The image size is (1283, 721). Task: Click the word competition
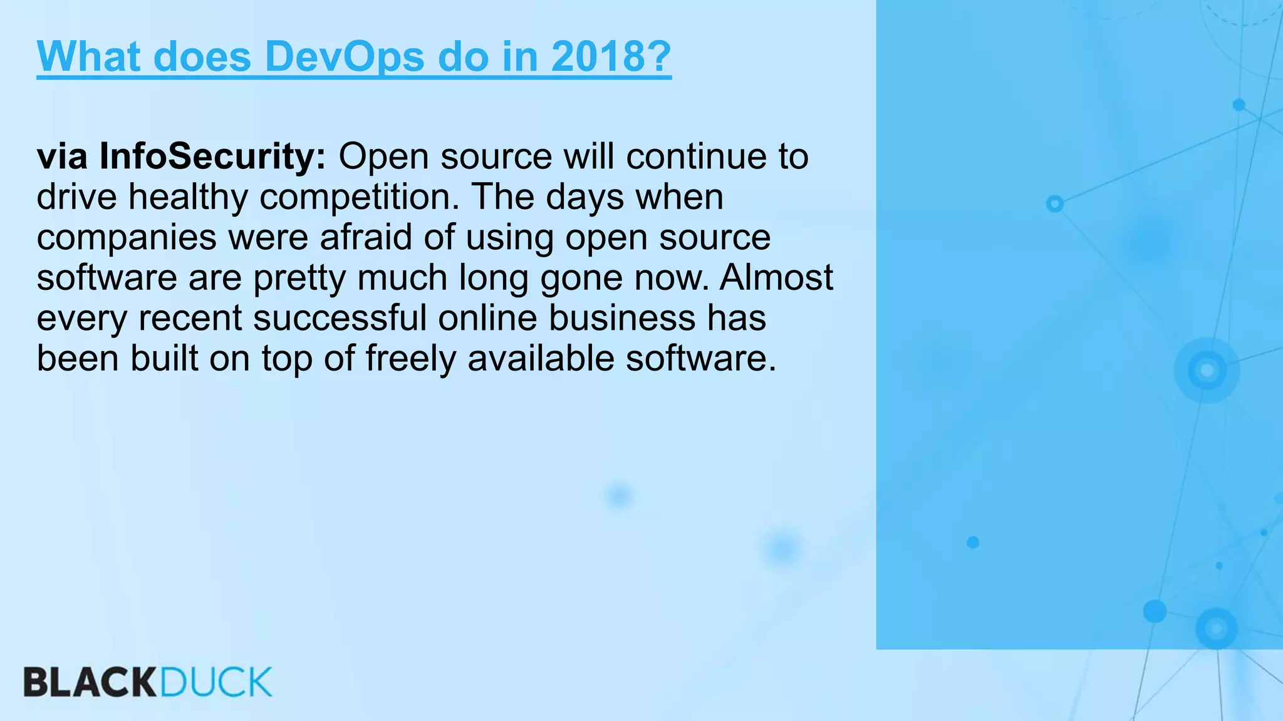pyautogui.click(x=360, y=197)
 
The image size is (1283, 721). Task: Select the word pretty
pyautogui.click(x=299, y=277)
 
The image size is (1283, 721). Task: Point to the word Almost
pyautogui.click(x=776, y=277)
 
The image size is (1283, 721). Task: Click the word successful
pyautogui.click(x=340, y=318)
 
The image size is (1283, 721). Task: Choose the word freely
pyautogui.click(x=410, y=359)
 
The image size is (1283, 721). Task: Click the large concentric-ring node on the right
pyautogui.click(x=1207, y=371)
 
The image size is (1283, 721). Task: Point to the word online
pyautogui.click(x=487, y=318)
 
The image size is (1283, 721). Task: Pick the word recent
pyautogui.click(x=190, y=318)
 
